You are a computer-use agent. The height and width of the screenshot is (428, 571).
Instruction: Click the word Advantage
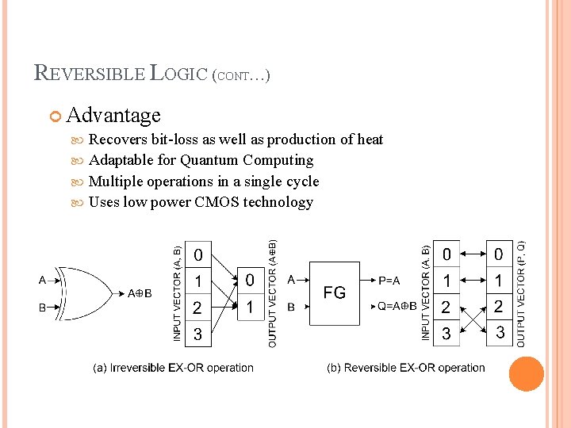pos(113,116)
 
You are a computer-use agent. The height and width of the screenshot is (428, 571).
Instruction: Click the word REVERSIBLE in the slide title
pos(90,74)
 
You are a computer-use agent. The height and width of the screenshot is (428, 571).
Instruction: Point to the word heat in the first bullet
pos(370,139)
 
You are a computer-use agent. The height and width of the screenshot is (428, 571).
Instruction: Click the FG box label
pos(335,292)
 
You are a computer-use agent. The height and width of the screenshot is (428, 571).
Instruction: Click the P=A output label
pos(389,280)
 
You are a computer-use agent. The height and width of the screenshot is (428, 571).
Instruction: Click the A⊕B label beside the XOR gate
pos(140,293)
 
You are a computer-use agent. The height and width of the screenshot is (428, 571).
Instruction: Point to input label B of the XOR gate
pos(42,308)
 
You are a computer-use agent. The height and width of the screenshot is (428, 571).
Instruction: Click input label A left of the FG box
pos(292,279)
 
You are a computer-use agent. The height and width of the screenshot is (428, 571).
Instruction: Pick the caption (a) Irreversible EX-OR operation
pos(174,368)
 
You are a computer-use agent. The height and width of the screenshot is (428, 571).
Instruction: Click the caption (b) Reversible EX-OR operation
pos(406,368)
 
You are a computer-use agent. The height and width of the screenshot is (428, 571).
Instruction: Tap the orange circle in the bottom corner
pos(526,374)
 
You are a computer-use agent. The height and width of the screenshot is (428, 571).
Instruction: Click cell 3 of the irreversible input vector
pos(197,334)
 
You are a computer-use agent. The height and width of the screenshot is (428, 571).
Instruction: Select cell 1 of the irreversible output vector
pos(250,308)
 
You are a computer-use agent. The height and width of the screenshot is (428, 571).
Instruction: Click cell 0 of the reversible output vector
pos(498,254)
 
